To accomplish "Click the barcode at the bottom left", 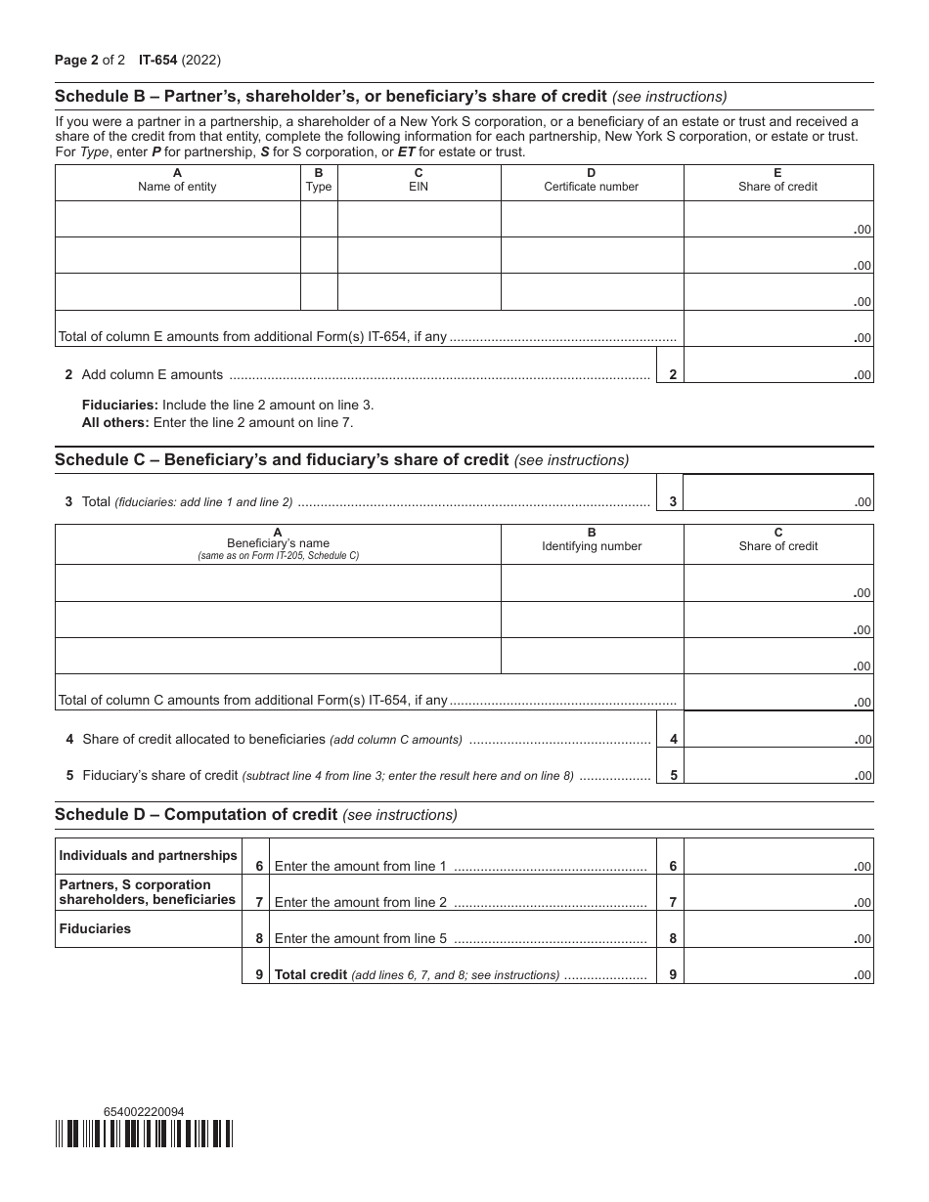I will [144, 1133].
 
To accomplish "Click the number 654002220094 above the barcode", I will [143, 1111].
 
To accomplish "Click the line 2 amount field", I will [777, 365].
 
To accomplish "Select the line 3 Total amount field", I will [777, 493].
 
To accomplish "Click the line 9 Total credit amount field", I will [777, 966].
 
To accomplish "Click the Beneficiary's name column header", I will [278, 543].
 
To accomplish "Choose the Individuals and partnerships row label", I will [148, 855].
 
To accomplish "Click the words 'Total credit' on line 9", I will [310, 974].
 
